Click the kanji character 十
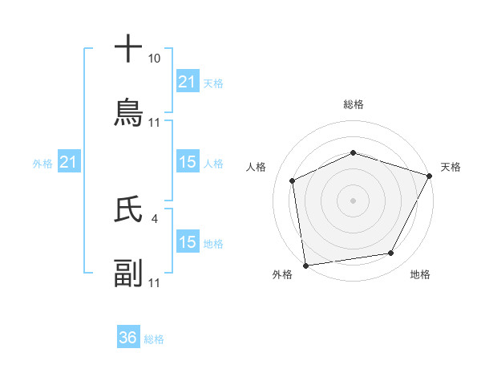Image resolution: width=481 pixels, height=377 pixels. click(128, 48)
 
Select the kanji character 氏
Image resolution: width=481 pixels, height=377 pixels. click(128, 209)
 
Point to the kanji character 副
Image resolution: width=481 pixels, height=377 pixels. click(128, 274)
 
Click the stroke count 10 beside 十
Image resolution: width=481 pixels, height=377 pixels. click(154, 59)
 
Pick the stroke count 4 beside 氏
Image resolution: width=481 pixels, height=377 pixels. click(154, 217)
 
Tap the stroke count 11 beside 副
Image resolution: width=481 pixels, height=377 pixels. click(154, 283)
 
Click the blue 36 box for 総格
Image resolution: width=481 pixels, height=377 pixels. click(128, 338)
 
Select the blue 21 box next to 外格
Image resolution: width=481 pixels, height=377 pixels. click(69, 163)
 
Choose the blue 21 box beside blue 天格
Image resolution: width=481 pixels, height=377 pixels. click(187, 82)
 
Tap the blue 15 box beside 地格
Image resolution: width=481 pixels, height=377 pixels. click(187, 242)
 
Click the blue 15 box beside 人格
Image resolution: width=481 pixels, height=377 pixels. click(187, 163)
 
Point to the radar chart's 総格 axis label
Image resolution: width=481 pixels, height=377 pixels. click(353, 104)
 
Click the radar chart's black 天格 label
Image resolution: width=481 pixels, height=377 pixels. click(451, 167)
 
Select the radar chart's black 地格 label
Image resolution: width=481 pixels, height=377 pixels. click(420, 274)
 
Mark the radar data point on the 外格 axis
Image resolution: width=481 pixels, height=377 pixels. click(305, 265)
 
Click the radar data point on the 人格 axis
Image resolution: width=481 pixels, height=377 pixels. click(293, 180)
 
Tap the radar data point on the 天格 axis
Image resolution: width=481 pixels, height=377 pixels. click(430, 175)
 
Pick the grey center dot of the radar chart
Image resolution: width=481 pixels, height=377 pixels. click(353, 200)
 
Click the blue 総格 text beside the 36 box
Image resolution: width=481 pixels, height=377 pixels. click(154, 339)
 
